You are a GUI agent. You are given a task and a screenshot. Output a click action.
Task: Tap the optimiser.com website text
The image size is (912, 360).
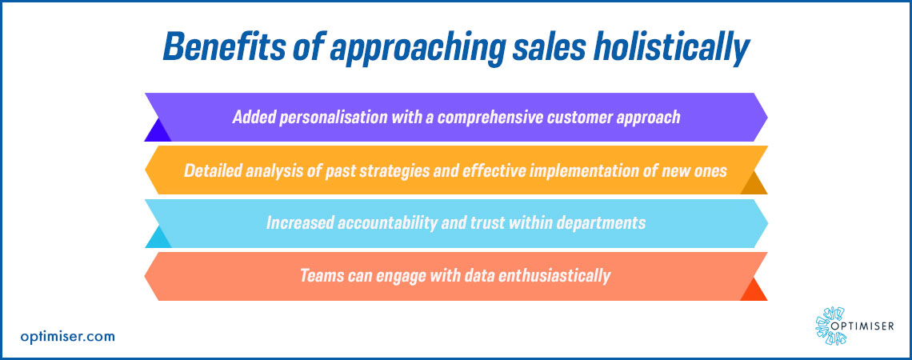coord(67,337)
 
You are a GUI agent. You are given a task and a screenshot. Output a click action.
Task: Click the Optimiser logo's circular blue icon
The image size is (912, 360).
coord(830,326)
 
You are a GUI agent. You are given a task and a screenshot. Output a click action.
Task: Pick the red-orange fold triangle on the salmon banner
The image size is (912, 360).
coord(754,290)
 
